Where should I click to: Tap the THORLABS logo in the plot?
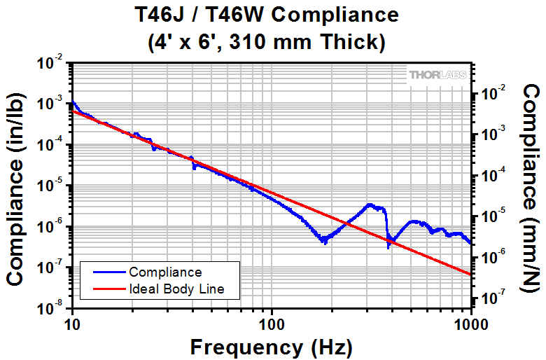coord(438,75)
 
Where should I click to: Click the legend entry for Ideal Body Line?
coord(176,289)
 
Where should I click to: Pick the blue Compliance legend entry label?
coord(165,272)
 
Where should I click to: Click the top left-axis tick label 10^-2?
coord(54,63)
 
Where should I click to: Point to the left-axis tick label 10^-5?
coord(54,186)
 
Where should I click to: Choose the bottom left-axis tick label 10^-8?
coord(54,307)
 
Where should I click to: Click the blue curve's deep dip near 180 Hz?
coord(323,240)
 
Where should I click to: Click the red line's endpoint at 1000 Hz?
coord(470,275)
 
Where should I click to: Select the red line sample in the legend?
coord(105,289)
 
